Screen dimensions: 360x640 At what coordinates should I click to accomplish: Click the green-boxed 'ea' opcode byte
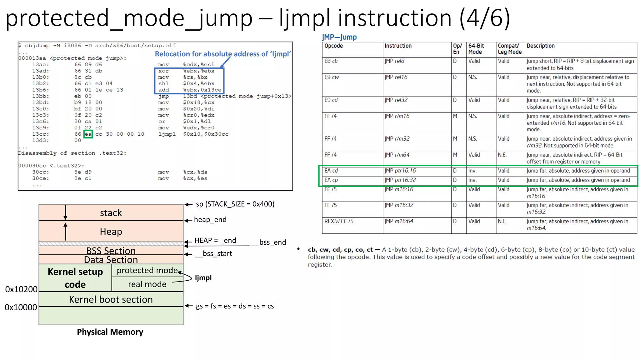pos(88,134)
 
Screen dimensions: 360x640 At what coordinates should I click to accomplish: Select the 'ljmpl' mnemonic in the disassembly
pos(167,134)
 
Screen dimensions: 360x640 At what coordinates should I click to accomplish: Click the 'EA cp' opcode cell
pos(331,180)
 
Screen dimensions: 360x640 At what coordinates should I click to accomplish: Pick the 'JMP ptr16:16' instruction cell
pos(400,171)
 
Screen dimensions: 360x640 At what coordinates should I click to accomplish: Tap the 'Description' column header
pos(540,46)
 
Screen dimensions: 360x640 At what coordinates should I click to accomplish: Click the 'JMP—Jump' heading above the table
pos(339,37)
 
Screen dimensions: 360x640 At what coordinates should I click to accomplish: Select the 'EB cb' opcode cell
pos(331,61)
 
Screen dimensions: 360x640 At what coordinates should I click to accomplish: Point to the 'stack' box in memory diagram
pos(111,213)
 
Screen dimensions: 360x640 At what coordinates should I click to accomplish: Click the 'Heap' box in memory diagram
pos(111,232)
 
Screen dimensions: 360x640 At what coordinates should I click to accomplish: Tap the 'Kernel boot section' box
pos(111,299)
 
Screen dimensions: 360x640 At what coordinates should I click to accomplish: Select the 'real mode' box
pos(147,284)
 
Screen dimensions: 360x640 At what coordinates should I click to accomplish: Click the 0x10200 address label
pos(21,289)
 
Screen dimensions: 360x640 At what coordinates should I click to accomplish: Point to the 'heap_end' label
pos(210,220)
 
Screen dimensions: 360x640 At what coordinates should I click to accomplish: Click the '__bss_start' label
pos(214,253)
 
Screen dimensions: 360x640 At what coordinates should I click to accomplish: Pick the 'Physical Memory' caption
pos(110,332)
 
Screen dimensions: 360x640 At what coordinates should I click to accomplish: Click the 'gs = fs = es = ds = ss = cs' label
pos(235,306)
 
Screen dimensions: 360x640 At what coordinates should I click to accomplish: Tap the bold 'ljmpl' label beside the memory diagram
pos(203,278)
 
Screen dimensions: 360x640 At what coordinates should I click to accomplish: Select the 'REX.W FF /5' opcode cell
pos(339,221)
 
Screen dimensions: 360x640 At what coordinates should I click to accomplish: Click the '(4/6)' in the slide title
pos(485,18)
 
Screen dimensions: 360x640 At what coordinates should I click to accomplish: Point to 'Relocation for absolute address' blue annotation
pos(222,54)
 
